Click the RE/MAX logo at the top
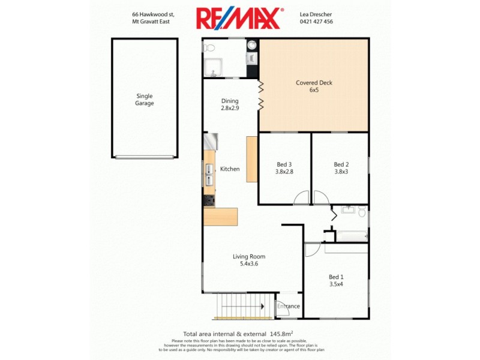point(239,18)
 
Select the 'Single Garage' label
point(145,100)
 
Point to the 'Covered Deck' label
point(314,83)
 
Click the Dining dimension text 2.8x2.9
point(230,109)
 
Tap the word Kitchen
point(230,169)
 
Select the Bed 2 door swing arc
point(319,197)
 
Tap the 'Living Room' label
point(249,257)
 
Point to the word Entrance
point(289,307)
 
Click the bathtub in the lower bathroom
point(352,236)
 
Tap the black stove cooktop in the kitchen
point(209,200)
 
